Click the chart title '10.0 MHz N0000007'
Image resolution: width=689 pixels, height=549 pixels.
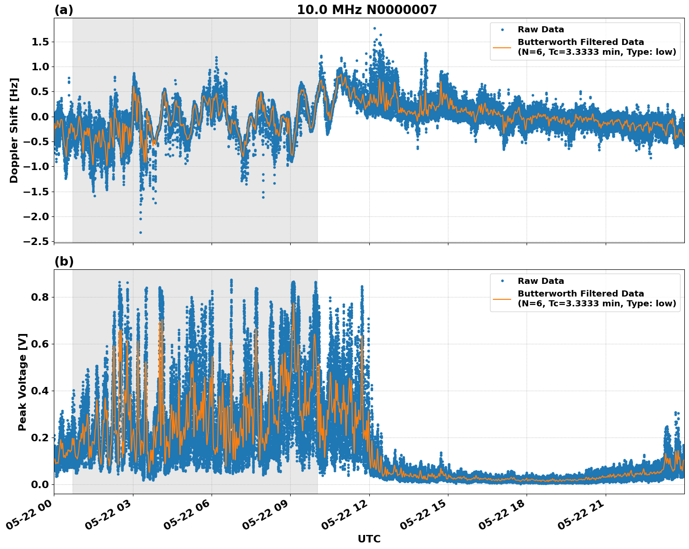[366, 10]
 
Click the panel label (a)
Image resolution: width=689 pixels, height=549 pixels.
[64, 10]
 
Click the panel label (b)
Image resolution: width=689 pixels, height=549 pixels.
[64, 261]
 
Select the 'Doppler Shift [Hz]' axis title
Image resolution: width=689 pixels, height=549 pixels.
[14, 130]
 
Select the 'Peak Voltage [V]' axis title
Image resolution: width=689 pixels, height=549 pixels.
[22, 382]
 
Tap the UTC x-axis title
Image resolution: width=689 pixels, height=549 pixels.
[369, 539]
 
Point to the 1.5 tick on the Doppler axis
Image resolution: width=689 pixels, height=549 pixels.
[40, 42]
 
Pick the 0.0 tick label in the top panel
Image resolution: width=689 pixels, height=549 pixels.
[40, 117]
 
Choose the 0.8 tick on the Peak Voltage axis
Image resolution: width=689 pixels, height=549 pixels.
[40, 297]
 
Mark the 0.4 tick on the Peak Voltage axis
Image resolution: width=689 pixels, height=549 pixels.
[40, 391]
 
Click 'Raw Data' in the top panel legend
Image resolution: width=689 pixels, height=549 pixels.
[541, 30]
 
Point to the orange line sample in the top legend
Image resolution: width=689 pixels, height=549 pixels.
[502, 47]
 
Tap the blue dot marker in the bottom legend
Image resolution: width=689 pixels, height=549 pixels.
[502, 281]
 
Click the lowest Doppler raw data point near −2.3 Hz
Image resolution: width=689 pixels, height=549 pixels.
[140, 232]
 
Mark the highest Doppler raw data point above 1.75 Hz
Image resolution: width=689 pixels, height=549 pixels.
[374, 29]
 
